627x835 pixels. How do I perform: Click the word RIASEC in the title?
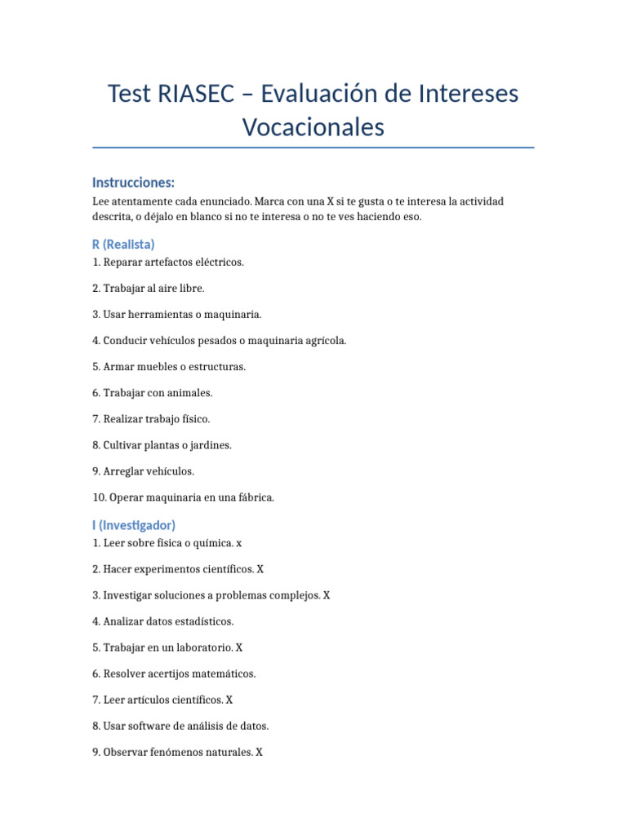pyautogui.click(x=192, y=94)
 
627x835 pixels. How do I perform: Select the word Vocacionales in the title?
pyautogui.click(x=313, y=127)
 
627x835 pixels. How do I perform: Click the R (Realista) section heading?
pyautogui.click(x=123, y=244)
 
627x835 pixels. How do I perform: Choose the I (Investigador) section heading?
pyautogui.click(x=134, y=525)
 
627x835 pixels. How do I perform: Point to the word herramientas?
pyautogui.click(x=160, y=315)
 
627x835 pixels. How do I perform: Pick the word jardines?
pyautogui.click(x=210, y=445)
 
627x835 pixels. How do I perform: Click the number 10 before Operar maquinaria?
pyautogui.click(x=98, y=497)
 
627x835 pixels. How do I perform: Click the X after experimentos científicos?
pyautogui.click(x=260, y=569)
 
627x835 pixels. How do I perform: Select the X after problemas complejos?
pyautogui.click(x=327, y=595)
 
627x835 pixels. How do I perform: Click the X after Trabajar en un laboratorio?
pyautogui.click(x=238, y=647)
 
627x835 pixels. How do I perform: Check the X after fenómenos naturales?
pyautogui.click(x=259, y=752)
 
